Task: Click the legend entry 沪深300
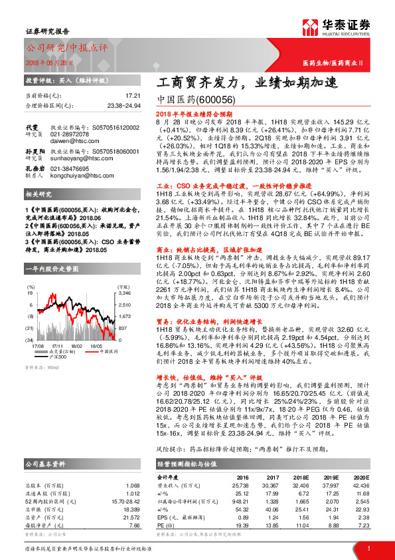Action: [76, 358]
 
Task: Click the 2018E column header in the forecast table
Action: [301, 477]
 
